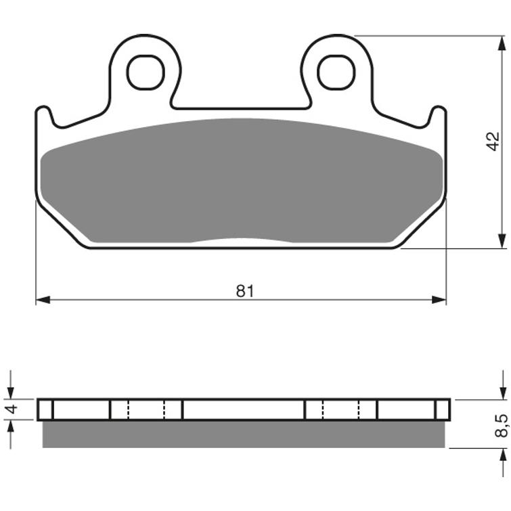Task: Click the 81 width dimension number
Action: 245,291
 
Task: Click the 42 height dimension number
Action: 493,141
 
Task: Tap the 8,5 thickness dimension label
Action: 502,425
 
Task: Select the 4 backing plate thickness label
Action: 12,409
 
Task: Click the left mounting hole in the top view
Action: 146,72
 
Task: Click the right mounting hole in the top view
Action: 336,72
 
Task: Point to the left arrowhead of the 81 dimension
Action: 43,300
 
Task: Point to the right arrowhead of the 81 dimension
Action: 439,300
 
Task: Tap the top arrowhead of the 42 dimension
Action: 502,43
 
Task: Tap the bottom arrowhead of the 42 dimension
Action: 502,241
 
